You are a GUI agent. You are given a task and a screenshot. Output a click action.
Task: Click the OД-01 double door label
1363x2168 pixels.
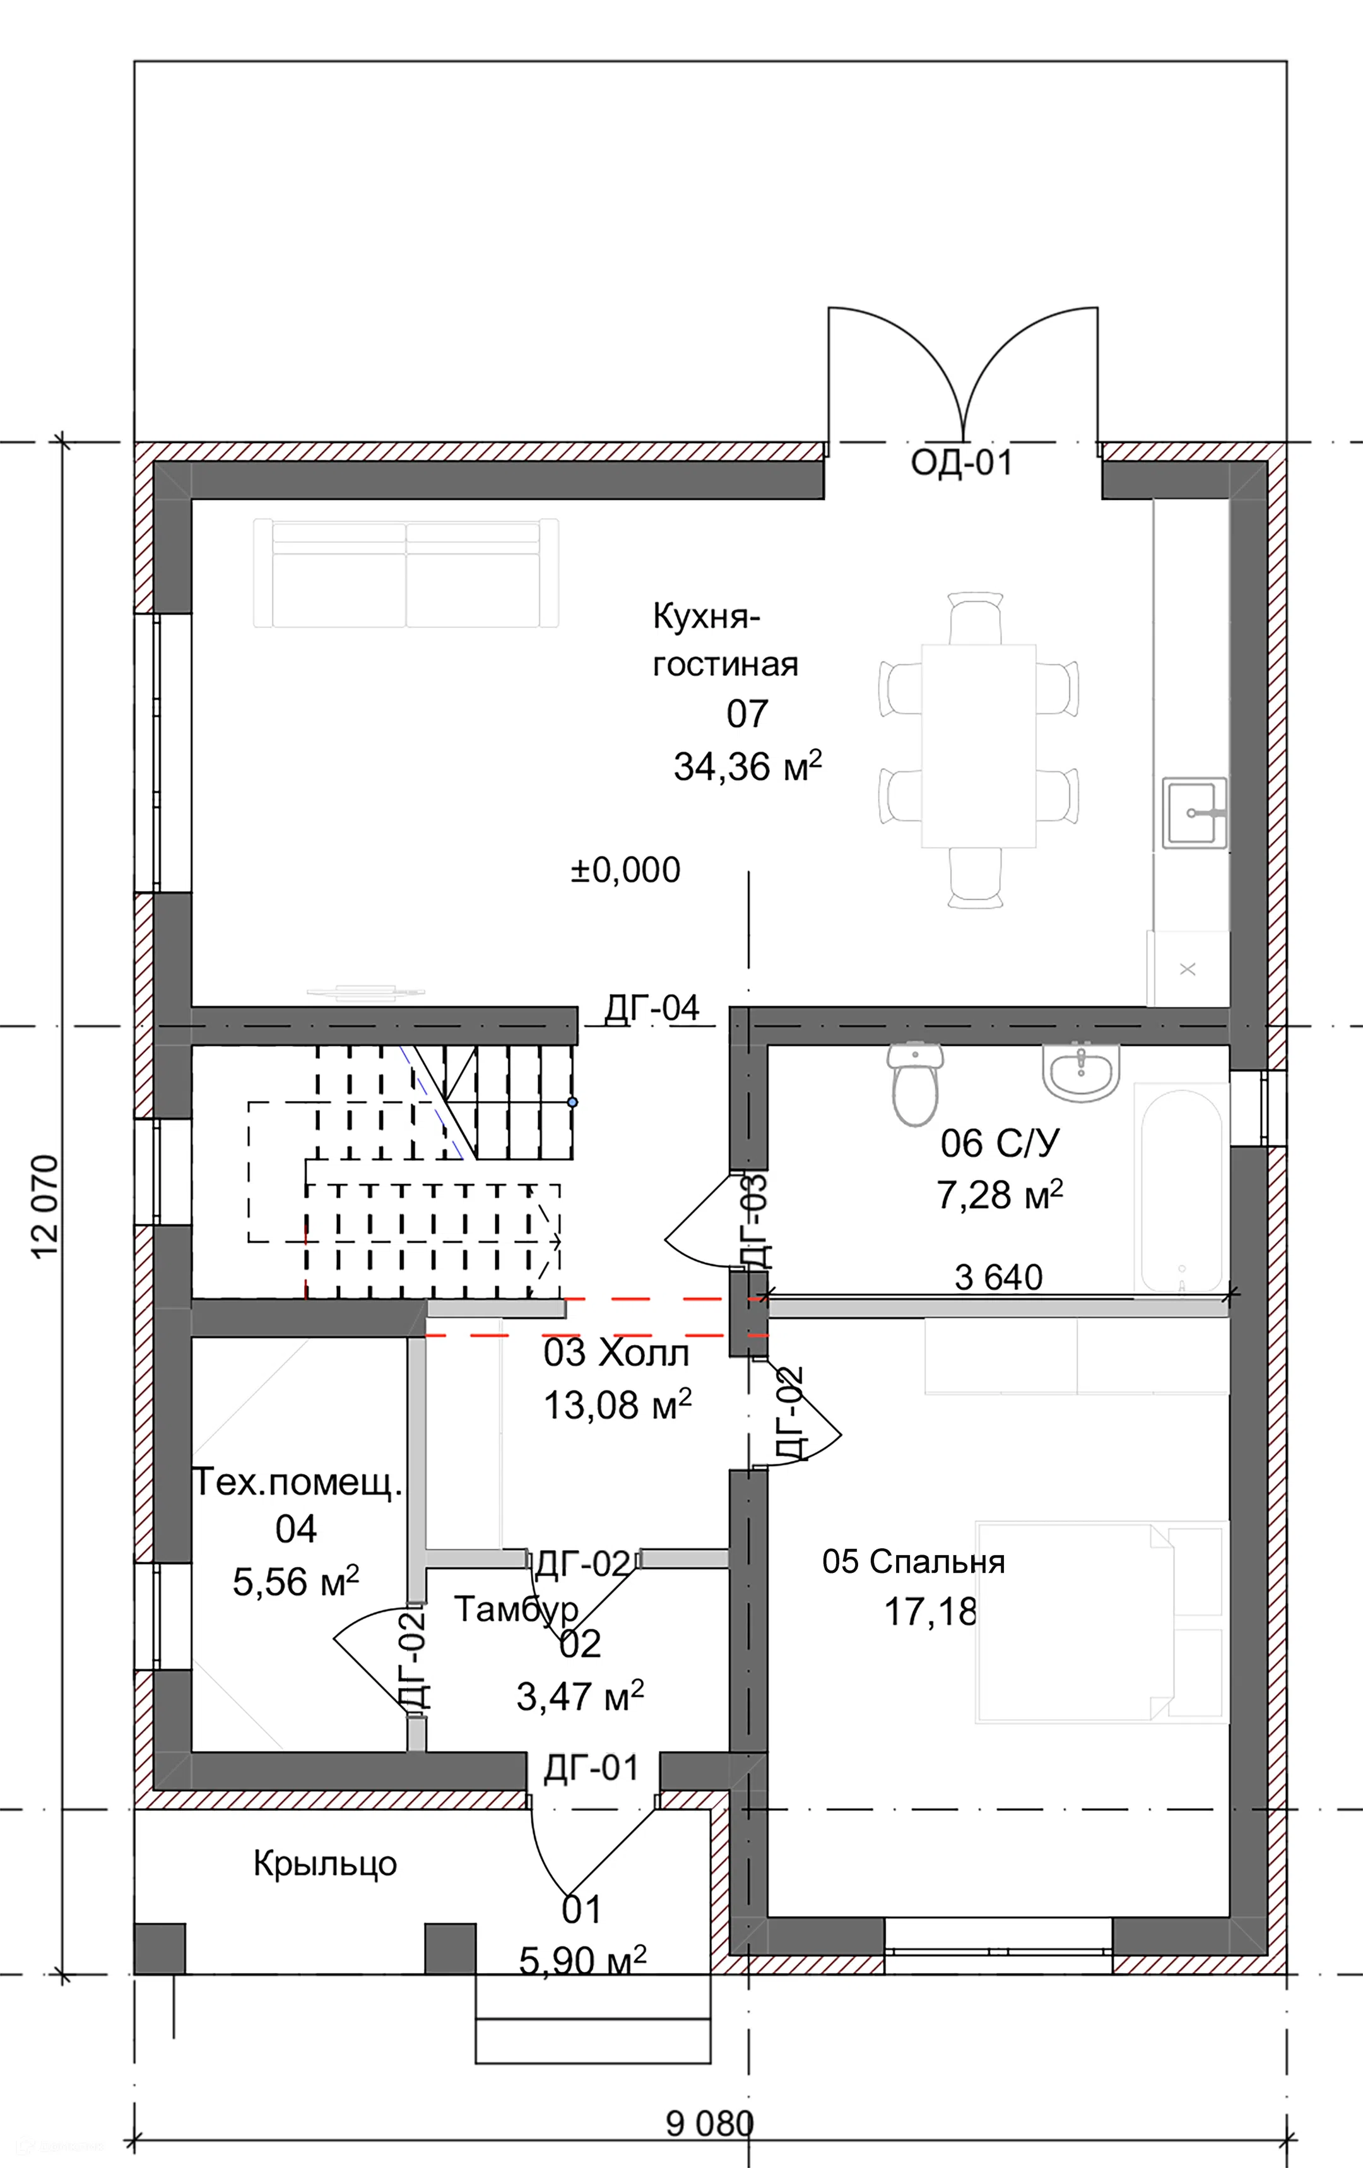click(x=962, y=462)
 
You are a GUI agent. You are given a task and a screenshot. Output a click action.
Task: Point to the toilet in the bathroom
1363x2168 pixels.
click(x=915, y=1084)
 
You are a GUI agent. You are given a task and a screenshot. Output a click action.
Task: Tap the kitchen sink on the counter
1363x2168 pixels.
click(x=1195, y=813)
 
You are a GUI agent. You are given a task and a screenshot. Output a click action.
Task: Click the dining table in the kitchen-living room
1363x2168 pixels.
click(x=979, y=747)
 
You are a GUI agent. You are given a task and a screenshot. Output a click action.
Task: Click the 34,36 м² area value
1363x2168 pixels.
click(x=747, y=766)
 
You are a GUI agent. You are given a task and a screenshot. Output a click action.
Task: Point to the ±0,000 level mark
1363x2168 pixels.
click(x=626, y=870)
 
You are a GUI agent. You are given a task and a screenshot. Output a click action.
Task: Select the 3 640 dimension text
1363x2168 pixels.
click(x=998, y=1277)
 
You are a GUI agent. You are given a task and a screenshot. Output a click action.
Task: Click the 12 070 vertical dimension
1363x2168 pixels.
click(x=45, y=1207)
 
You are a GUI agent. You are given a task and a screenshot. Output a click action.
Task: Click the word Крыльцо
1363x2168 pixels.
click(x=325, y=1863)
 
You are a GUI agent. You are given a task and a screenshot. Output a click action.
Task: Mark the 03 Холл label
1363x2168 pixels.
click(x=617, y=1353)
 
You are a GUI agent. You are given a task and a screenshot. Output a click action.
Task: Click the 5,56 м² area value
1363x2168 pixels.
click(x=296, y=1582)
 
